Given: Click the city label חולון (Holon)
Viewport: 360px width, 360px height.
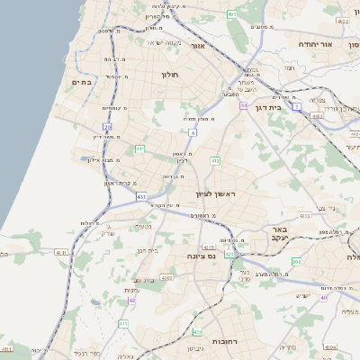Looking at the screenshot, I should tap(171, 74).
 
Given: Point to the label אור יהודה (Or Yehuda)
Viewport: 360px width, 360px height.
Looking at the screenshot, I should tap(340, 44).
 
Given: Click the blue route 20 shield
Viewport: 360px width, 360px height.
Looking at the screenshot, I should tap(107, 128).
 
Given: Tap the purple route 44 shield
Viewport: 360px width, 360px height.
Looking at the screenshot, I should tap(244, 105).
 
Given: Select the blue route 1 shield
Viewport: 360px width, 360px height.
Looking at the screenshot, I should tap(296, 106).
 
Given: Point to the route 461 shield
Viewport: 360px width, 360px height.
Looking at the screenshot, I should tap(232, 14).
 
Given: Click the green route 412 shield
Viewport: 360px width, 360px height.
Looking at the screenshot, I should tap(216, 160).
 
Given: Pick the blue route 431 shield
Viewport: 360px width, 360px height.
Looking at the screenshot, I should tap(142, 194).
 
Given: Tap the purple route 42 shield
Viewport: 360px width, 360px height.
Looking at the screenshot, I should tap(131, 300).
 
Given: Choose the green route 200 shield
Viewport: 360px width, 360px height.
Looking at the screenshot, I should tap(296, 261).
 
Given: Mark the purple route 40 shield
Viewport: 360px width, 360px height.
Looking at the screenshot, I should tap(324, 297).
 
